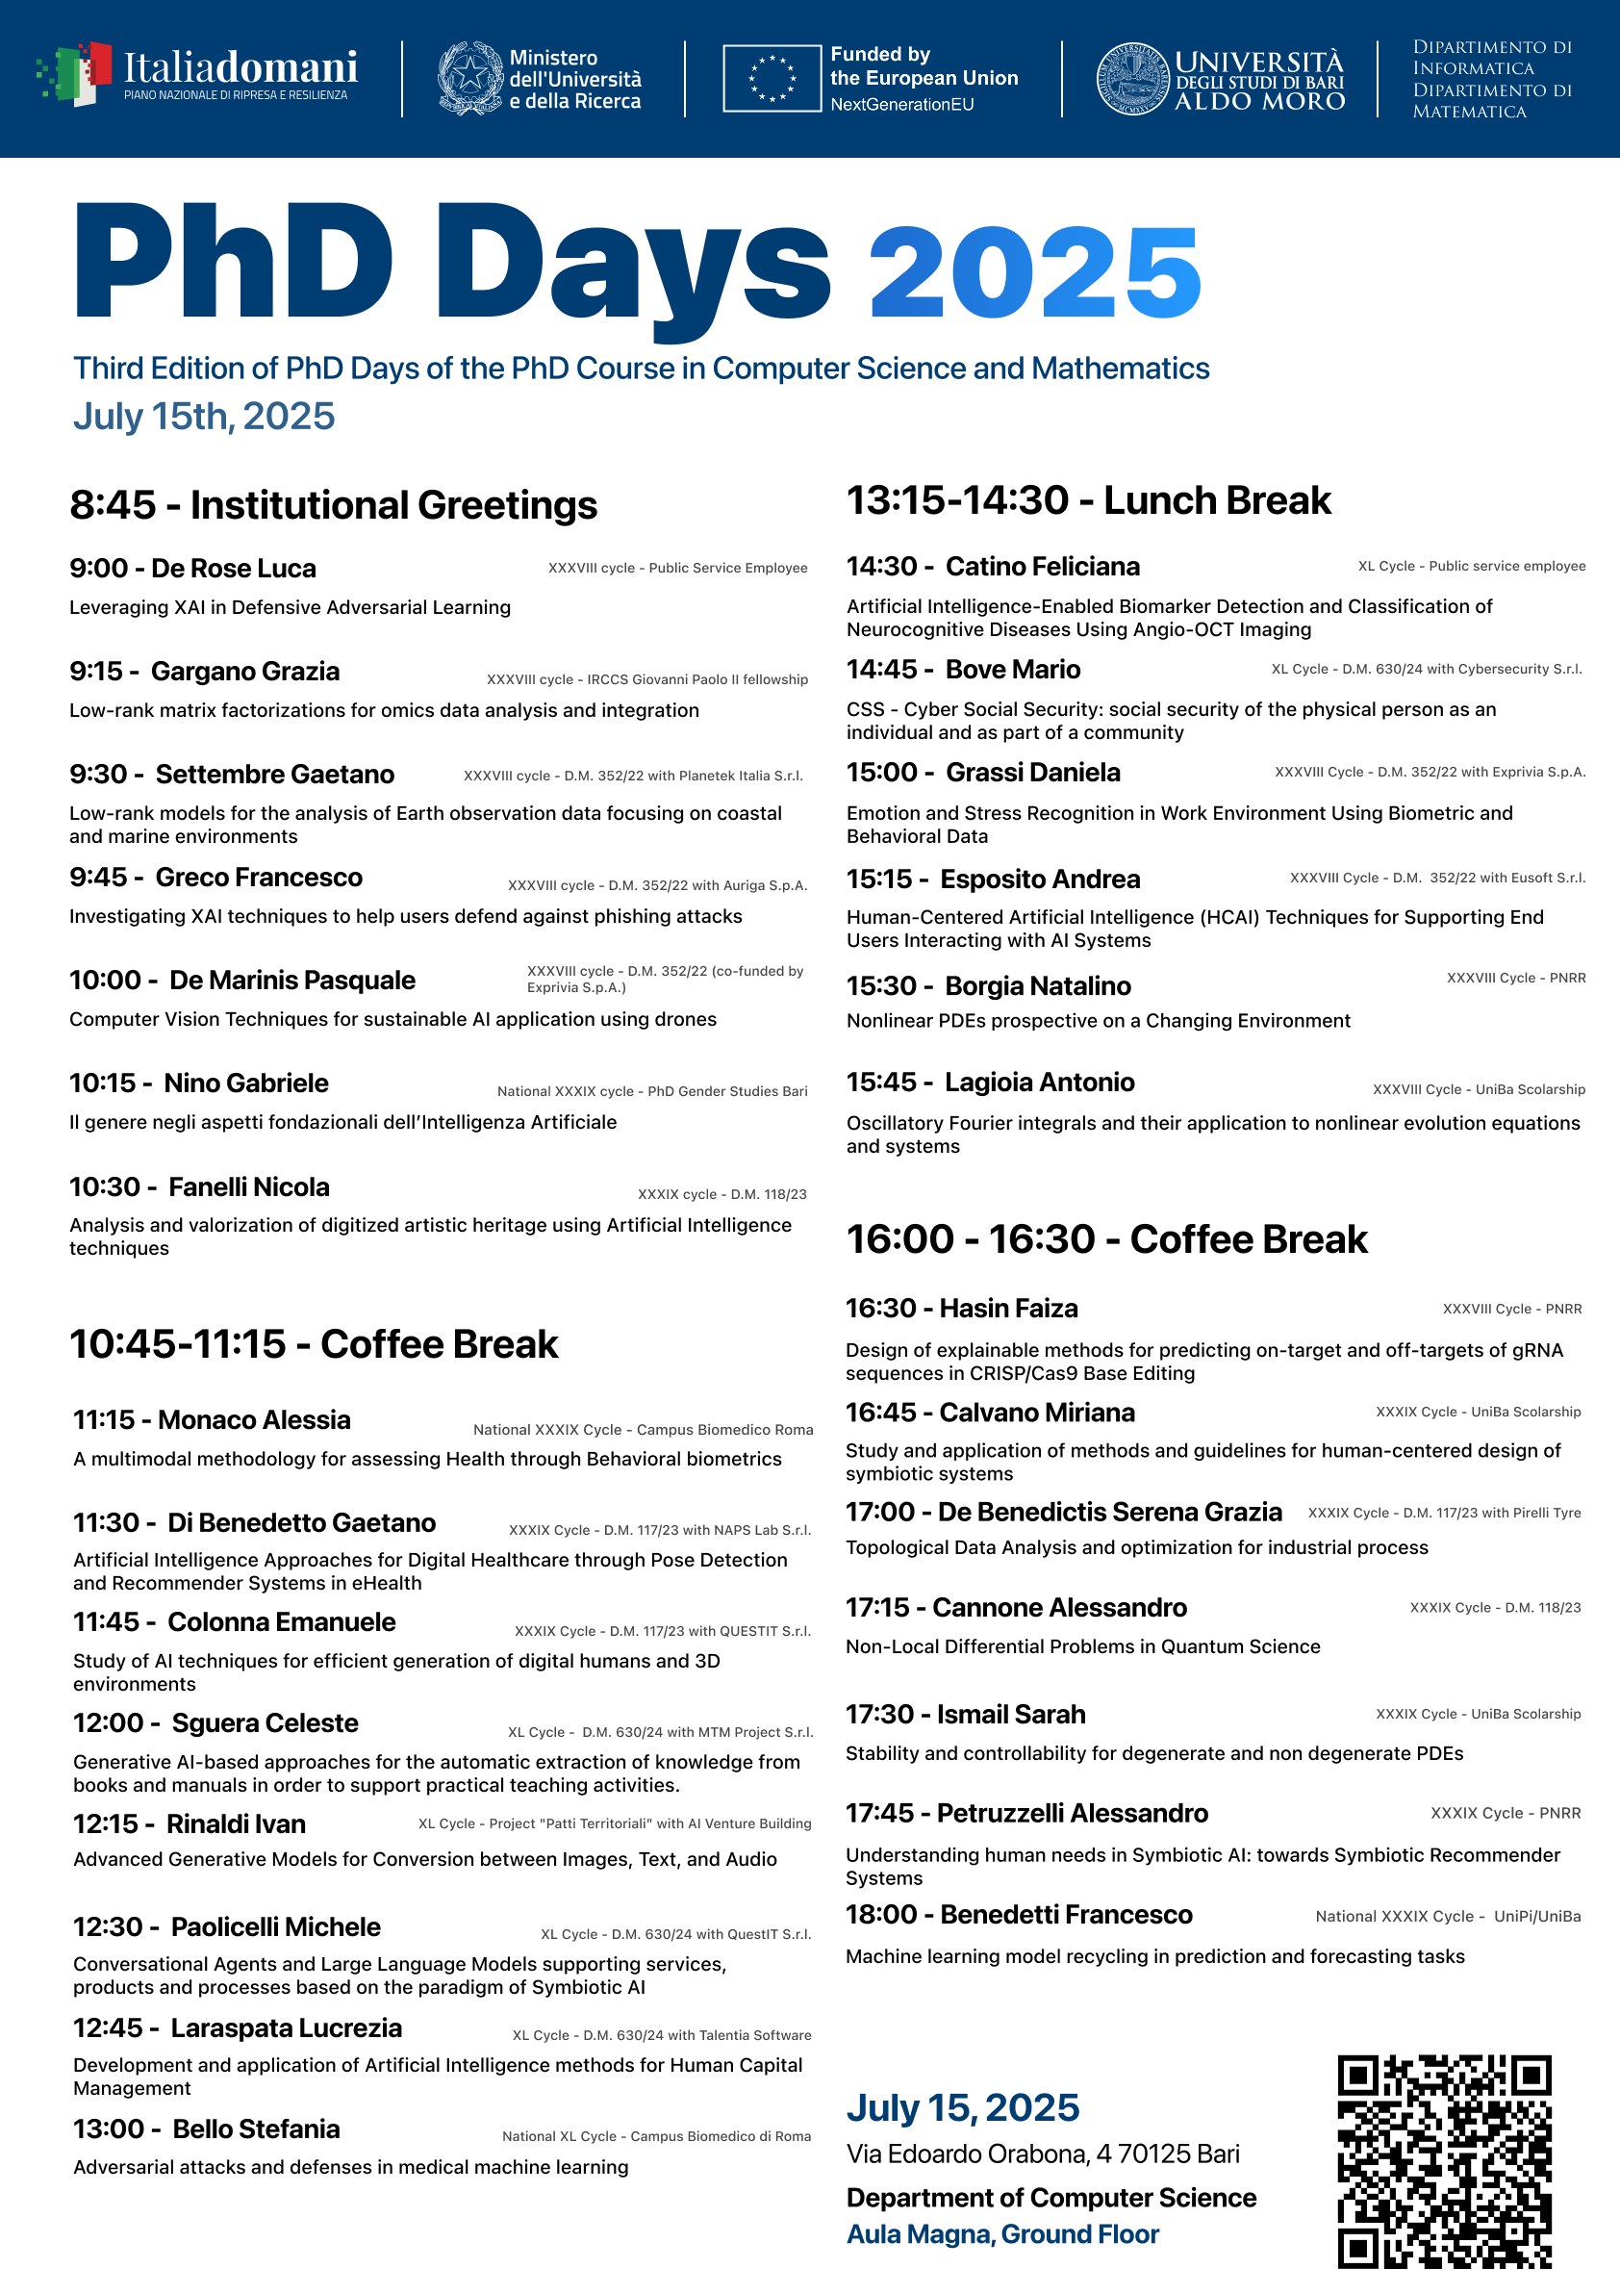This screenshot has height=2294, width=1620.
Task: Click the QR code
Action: tap(1444, 2160)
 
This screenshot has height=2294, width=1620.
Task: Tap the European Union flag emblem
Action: tap(772, 78)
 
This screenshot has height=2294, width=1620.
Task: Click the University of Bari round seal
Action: tap(1132, 78)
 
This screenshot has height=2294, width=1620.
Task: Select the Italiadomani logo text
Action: tap(240, 68)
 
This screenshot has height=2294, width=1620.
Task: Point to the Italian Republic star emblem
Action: tap(470, 78)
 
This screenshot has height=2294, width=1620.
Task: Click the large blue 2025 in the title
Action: tap(1035, 271)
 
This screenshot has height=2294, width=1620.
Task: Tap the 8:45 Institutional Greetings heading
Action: tap(334, 505)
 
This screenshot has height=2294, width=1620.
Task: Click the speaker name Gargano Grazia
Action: tap(244, 672)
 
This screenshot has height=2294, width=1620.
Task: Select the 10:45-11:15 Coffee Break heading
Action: tap(314, 1344)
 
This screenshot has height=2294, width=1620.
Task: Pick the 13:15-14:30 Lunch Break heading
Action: tap(1089, 500)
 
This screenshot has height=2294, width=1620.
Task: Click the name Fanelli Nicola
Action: tap(249, 1187)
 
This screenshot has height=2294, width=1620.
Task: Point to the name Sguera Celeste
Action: tap(265, 1723)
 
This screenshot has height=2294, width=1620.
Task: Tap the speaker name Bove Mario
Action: tap(1013, 670)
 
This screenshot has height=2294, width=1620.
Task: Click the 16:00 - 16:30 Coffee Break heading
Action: tap(1106, 1239)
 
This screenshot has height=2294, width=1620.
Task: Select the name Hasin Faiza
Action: tap(1009, 1309)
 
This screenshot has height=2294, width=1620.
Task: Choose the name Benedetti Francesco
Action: tap(1067, 1914)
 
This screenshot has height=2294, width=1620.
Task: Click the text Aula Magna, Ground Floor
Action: tap(1002, 2234)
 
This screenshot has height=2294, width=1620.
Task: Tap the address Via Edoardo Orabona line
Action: tap(1043, 2154)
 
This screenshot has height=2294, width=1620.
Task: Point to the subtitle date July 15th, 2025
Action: tap(204, 417)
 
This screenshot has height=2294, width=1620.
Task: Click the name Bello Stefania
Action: tap(256, 2129)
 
